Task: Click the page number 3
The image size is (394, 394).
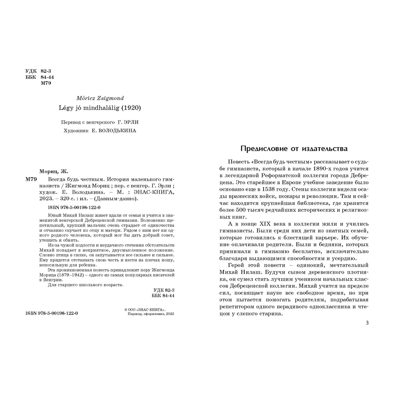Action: coord(367,323)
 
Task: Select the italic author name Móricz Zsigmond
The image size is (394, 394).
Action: coord(100,98)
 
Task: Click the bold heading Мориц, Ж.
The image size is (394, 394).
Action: coord(54,172)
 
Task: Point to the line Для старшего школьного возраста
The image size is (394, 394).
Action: coord(86,285)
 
